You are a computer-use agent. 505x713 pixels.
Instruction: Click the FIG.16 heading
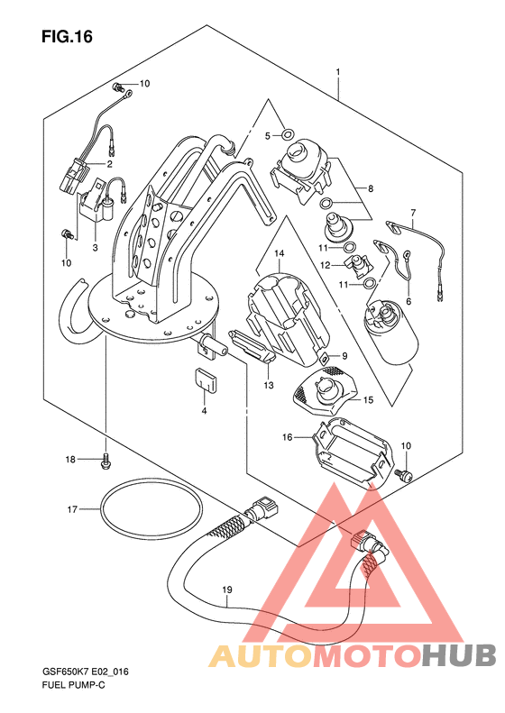coord(67,36)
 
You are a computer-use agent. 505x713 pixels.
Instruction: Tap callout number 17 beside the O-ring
coord(72,509)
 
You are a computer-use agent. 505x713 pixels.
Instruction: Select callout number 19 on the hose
coord(227,590)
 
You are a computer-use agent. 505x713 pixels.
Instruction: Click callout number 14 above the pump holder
coord(279,252)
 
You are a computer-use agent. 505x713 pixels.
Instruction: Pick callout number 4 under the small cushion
coord(205,411)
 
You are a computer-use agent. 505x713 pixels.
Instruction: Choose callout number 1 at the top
coord(338,72)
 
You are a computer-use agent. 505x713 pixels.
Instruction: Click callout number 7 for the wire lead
coord(413,213)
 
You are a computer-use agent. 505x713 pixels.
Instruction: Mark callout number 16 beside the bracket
coord(288,437)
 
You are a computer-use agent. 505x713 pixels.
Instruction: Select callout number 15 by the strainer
coord(368,399)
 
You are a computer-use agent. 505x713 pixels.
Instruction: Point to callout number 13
coord(269,386)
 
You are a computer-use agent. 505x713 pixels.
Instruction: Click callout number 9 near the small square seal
coord(344,356)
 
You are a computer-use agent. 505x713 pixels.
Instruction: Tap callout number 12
coord(326,265)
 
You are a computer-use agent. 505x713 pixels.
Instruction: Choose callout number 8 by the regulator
coord(371,187)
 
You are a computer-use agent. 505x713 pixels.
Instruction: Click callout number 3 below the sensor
coord(95,248)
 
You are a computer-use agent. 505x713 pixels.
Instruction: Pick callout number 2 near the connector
coord(110,164)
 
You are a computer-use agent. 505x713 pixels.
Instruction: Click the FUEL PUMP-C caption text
coord(73,685)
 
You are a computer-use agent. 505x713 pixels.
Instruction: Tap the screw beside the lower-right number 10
coord(405,475)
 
